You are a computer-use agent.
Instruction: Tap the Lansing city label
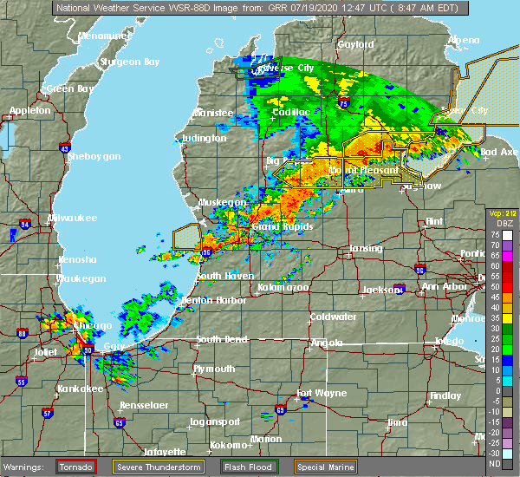click(365, 249)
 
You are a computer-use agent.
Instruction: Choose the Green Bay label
click(70, 88)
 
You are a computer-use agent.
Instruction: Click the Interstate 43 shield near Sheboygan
click(65, 148)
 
